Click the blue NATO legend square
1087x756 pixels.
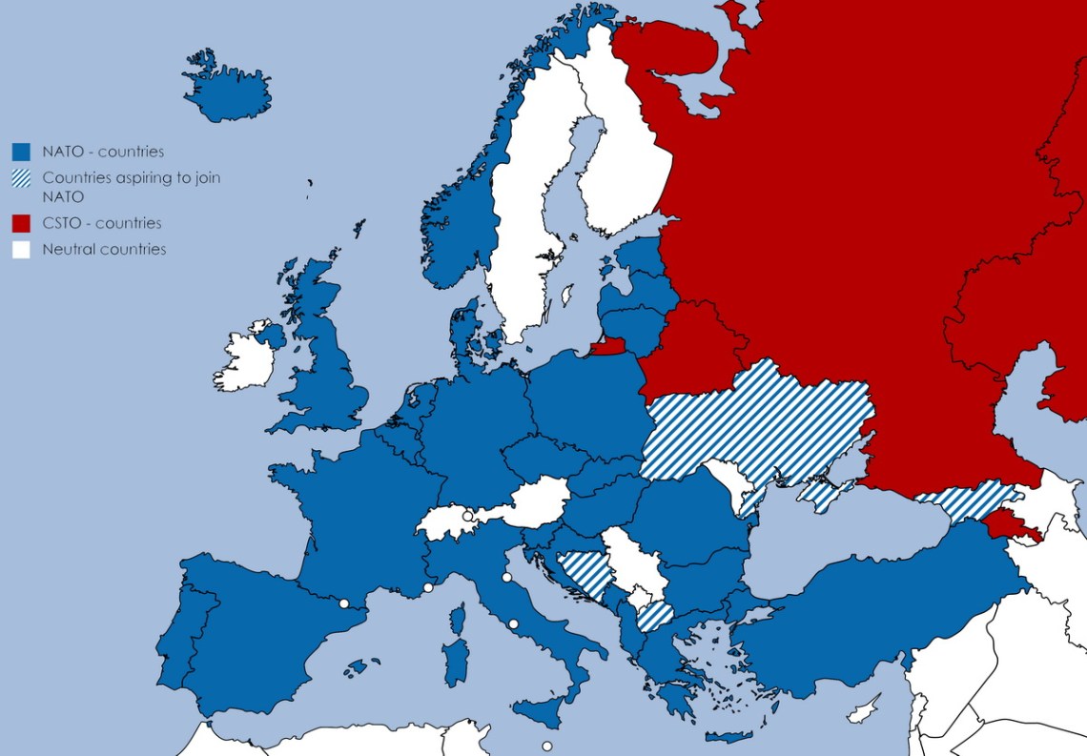(x=21, y=152)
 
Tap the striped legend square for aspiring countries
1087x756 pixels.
(x=21, y=178)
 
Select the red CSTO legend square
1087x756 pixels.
(x=21, y=223)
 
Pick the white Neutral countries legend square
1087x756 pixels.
(x=21, y=250)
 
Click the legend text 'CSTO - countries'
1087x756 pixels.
(x=101, y=223)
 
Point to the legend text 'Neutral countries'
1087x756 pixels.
(x=104, y=250)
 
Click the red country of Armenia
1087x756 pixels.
(x=1009, y=524)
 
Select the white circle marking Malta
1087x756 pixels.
(x=546, y=746)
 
